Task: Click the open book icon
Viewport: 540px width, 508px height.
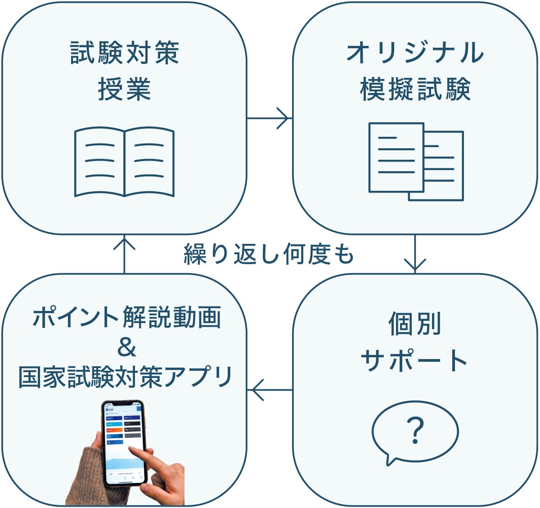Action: tap(124, 162)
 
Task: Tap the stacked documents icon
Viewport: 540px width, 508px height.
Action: tap(416, 161)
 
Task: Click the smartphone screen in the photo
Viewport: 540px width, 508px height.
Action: tap(123, 439)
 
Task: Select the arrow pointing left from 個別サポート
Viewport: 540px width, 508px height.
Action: tap(270, 389)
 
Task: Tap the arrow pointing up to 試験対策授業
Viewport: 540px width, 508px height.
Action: tap(124, 254)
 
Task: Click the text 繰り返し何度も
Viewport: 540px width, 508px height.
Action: tap(269, 255)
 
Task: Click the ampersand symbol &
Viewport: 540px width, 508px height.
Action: tap(126, 348)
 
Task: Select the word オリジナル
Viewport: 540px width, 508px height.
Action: tap(415, 53)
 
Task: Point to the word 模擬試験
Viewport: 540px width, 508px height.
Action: tap(415, 89)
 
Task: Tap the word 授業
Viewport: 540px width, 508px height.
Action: tap(124, 89)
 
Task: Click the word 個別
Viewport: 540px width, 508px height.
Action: tap(414, 324)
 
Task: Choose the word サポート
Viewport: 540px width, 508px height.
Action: tap(414, 360)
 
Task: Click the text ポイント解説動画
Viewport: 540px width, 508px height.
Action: tap(127, 318)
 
